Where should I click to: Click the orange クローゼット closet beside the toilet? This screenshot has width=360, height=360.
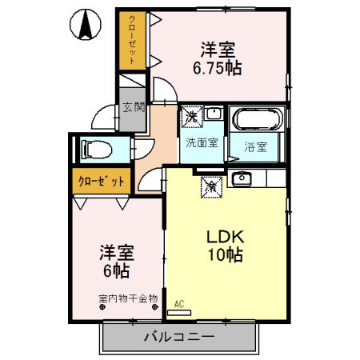click(101, 181)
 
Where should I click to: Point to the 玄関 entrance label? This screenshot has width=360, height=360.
click(132, 107)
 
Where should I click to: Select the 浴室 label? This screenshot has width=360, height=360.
click(256, 146)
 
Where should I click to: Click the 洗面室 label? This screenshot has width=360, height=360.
click(202, 143)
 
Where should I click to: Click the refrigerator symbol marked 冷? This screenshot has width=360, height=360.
click(210, 186)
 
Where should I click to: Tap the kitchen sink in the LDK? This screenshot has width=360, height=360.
click(241, 178)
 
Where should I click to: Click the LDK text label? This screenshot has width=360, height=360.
click(225, 238)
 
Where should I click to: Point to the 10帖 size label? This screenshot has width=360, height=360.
click(225, 256)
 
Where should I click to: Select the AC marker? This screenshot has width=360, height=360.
click(178, 304)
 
